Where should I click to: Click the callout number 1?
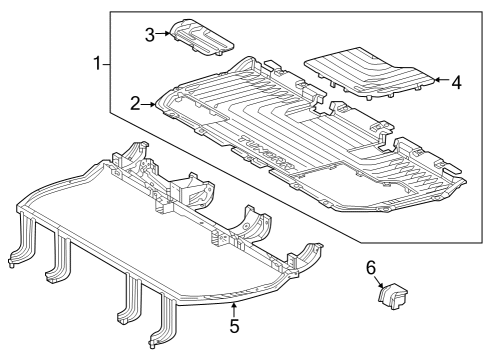point(97,64)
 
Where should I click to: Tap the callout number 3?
point(149,34)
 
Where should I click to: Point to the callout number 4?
point(456,82)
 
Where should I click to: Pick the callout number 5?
point(233,326)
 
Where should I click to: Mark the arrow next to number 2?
point(149,103)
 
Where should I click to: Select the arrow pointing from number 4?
point(440,82)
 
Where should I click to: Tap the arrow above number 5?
point(233,309)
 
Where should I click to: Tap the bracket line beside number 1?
point(108,64)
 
